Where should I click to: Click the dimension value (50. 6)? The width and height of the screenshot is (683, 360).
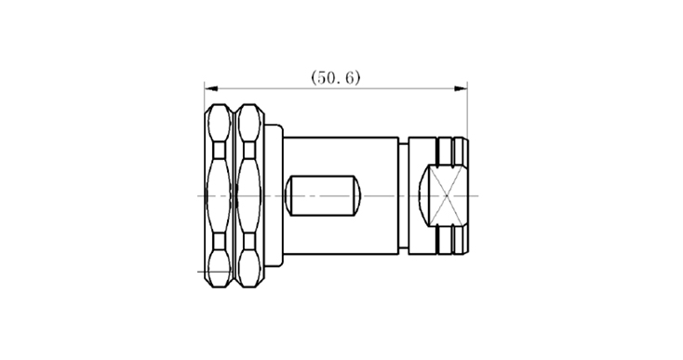(x=335, y=78)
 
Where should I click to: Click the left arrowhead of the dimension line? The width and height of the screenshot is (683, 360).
(x=211, y=88)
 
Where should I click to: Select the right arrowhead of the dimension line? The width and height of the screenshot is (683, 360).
(x=461, y=88)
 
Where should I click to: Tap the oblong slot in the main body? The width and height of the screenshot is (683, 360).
(x=323, y=196)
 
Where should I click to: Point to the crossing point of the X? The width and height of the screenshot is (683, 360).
(x=448, y=196)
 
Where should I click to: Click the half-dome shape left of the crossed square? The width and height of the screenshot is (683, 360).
(x=423, y=196)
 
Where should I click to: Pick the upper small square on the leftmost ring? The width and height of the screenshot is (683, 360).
(x=219, y=150)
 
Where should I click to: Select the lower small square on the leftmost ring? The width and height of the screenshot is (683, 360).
(x=219, y=241)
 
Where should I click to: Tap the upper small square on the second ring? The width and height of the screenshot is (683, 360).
(x=249, y=150)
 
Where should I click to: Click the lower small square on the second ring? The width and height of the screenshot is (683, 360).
(x=249, y=241)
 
